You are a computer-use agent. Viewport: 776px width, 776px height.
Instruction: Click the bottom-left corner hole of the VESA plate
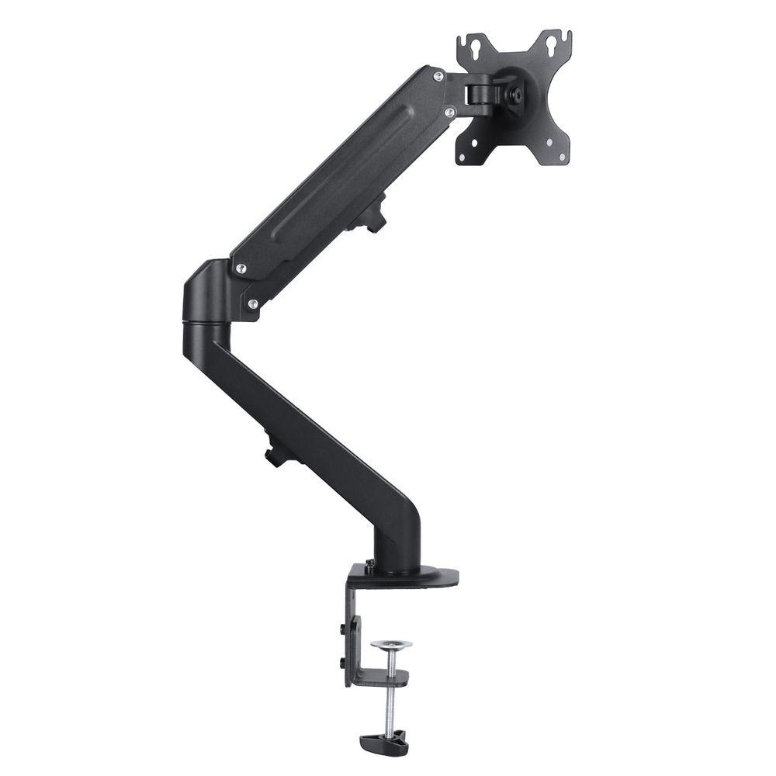point(463,158)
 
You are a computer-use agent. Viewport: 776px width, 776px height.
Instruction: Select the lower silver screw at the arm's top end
point(449,113)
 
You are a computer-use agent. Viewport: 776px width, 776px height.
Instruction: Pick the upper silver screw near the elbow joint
point(241,268)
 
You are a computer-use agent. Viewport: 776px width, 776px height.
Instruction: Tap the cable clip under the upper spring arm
point(373,213)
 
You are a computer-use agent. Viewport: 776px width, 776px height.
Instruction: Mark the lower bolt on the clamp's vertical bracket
point(342,661)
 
